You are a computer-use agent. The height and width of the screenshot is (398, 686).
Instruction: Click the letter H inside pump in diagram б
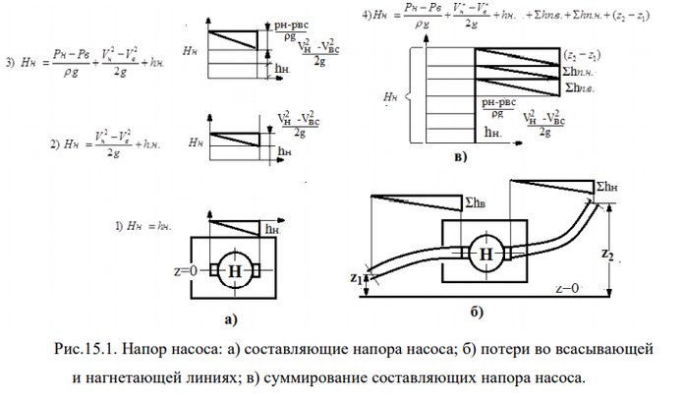486,253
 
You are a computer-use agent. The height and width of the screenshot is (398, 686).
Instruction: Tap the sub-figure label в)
460,155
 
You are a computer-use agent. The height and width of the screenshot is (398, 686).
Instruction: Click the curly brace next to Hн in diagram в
412,97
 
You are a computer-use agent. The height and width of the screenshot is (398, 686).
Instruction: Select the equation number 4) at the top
366,15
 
